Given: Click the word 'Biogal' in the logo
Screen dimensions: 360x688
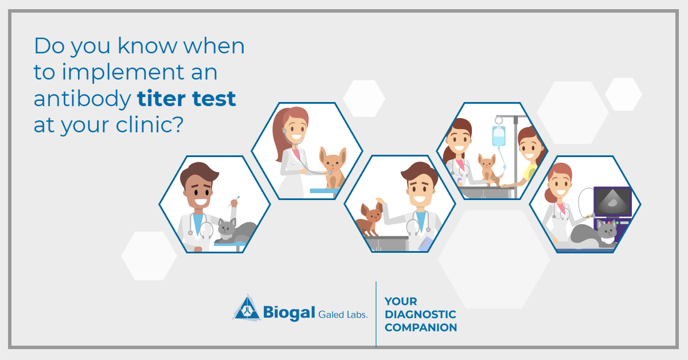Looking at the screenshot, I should point(290,312).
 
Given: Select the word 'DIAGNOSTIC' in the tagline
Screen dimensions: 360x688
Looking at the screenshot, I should point(420,315).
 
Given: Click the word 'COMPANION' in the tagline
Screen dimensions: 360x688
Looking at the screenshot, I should point(421,328).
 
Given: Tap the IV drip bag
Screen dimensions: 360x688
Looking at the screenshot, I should point(499,136).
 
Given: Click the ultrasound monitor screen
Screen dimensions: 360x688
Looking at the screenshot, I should point(612,201).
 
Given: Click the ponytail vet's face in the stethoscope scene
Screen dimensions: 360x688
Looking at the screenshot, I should point(296,135).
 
